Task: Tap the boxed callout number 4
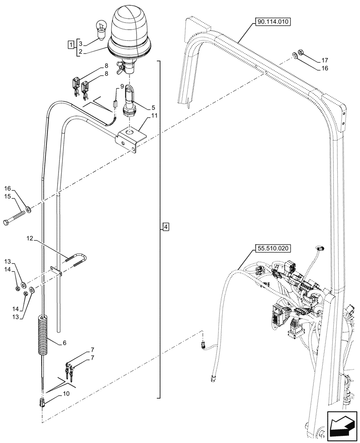tap(165, 227)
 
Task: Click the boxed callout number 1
tap(70, 44)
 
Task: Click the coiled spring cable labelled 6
tap(43, 335)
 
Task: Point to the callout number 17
tap(325, 60)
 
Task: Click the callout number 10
tap(66, 393)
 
